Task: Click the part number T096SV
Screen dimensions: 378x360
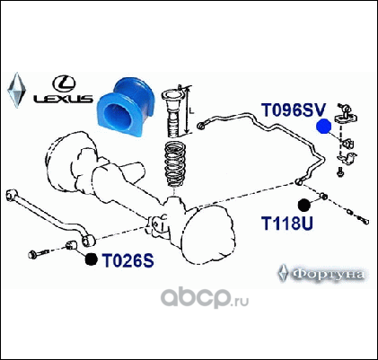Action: pos(293,110)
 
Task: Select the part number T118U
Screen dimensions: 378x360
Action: pos(287,223)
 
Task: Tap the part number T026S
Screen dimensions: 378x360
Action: pos(127,260)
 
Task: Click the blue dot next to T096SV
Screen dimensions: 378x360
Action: pos(324,126)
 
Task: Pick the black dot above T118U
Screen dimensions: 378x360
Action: pos(304,205)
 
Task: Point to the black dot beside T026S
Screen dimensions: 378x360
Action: pos(91,259)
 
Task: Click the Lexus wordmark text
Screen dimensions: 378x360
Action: pos(63,99)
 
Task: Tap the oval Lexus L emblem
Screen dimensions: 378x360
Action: pos(64,83)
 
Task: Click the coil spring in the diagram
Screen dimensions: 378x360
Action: pos(176,163)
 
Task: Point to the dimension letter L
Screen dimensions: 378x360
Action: pos(192,110)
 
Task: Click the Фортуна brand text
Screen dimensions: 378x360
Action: pos(328,274)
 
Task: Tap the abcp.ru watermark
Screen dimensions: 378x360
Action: pos(205,297)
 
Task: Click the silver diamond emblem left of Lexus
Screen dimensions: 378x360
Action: pos(16,90)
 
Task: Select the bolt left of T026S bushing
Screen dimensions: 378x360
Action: pos(38,254)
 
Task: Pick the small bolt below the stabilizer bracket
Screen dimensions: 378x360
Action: pos(339,172)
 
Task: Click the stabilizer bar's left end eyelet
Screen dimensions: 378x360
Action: pos(201,126)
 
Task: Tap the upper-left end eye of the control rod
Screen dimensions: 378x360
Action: pos(12,194)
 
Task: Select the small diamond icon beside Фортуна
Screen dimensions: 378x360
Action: pos(283,273)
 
